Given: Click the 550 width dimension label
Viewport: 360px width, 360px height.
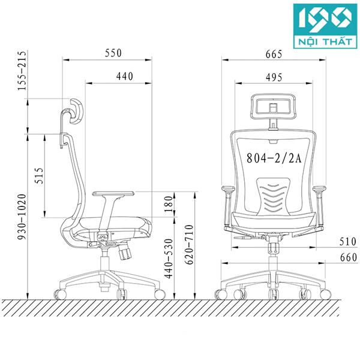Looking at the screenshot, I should [x=113, y=53].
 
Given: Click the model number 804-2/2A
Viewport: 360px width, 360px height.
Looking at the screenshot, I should [x=273, y=158].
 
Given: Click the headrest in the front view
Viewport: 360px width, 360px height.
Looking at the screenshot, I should [x=273, y=107].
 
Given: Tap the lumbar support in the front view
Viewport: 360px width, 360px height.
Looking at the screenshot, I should [x=273, y=195].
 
